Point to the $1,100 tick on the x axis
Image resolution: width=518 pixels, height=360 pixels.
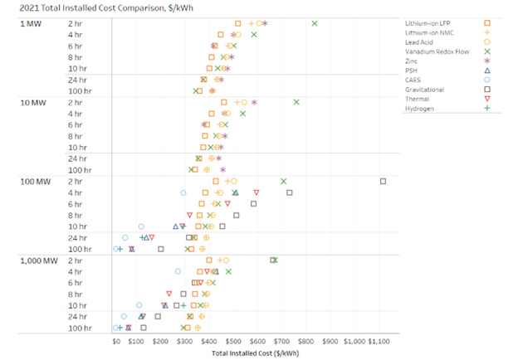coord(383,341)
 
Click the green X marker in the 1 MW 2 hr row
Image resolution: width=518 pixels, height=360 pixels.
coord(315,23)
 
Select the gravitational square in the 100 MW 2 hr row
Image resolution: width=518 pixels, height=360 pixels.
coord(383,181)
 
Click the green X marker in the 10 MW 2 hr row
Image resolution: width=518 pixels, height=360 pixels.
coord(296,102)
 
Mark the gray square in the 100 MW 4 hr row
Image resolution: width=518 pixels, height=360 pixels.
coord(290,192)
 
